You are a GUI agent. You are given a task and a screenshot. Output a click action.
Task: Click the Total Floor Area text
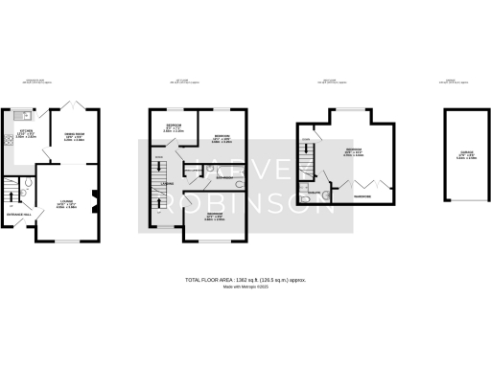point(245,279)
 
